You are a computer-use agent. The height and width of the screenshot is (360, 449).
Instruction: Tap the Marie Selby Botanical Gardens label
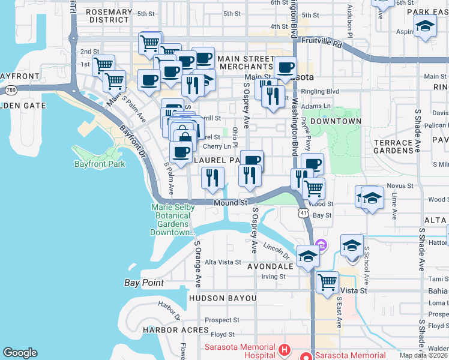point(173,220)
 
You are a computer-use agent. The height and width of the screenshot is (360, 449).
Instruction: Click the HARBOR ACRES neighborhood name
point(176,330)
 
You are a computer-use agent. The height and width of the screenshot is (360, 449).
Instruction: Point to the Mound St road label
point(231,203)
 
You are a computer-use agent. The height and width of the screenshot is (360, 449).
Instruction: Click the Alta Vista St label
point(223,262)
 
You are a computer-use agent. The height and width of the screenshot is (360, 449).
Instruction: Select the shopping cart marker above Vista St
point(327,281)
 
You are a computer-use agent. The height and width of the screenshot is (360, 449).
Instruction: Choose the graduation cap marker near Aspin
point(425,26)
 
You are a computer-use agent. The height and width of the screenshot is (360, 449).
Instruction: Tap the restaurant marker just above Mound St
point(212,177)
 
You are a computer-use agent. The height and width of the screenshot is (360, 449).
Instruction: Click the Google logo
point(20,353)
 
